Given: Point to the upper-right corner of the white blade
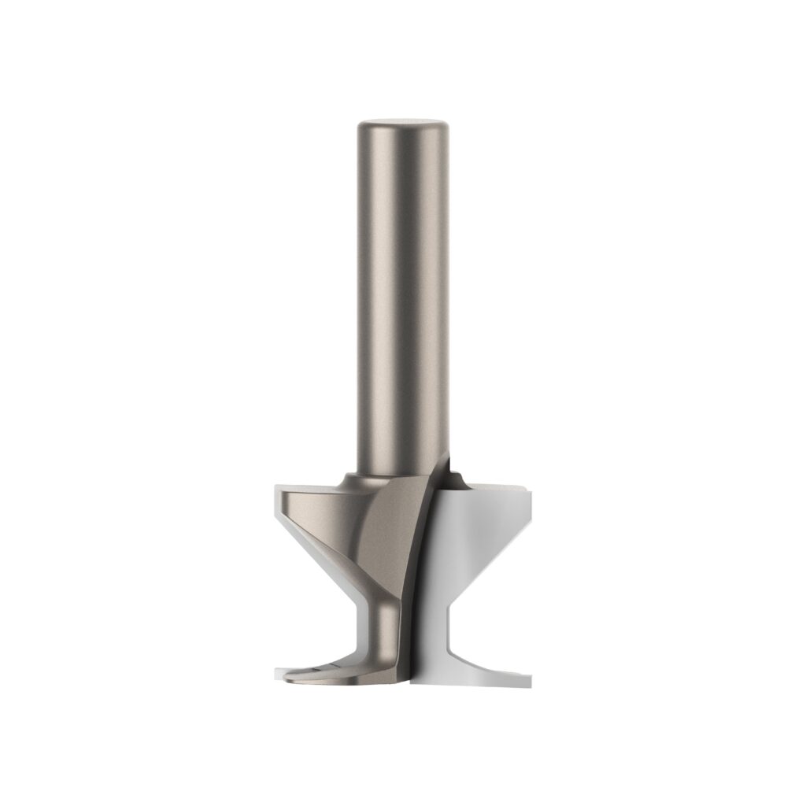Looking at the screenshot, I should pyautogui.click(x=525, y=493).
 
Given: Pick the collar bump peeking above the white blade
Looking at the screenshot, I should pyautogui.click(x=455, y=475).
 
